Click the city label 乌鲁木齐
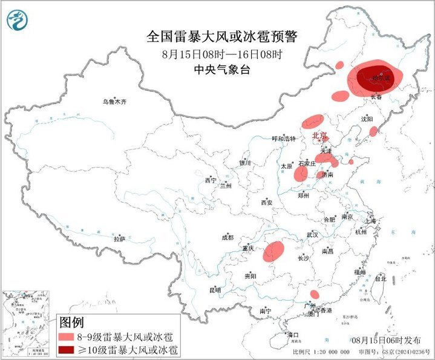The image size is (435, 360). click(x=114, y=102)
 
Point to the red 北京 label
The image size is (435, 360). click(x=319, y=136)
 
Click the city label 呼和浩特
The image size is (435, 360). click(x=284, y=139)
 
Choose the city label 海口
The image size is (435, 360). click(x=294, y=334)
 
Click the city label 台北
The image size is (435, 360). click(x=380, y=279)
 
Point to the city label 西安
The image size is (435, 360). click(x=267, y=202)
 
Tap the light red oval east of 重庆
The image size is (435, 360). click(x=274, y=251)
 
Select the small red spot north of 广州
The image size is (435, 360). click(x=315, y=294)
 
